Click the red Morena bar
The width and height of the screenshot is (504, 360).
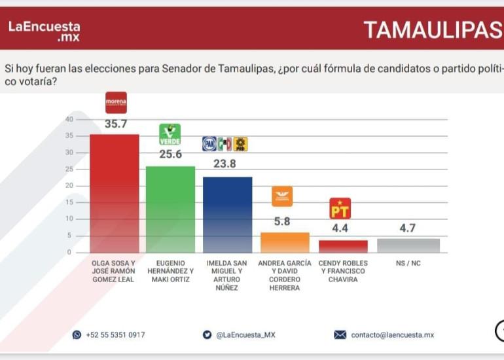click(x=115, y=193)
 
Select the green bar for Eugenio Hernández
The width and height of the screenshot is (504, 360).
click(x=170, y=209)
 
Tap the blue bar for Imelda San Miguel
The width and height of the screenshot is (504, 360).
click(x=227, y=214)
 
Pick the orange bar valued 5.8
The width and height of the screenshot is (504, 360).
click(x=285, y=242)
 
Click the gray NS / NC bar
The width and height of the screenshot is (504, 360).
click(x=408, y=245)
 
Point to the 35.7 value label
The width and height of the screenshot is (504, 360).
click(x=116, y=124)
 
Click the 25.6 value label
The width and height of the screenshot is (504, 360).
click(x=170, y=154)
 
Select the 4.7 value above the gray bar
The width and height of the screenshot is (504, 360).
click(x=407, y=228)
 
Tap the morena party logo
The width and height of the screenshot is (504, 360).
click(x=116, y=102)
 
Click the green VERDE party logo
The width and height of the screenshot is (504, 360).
click(x=170, y=134)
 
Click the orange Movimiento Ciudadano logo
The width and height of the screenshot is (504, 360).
click(x=282, y=196)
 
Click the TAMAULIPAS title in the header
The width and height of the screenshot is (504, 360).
click(x=432, y=29)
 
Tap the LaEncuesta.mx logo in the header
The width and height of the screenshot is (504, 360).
click(x=44, y=31)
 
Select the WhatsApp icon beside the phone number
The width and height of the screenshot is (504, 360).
click(x=77, y=334)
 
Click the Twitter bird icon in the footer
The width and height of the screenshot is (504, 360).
click(x=207, y=334)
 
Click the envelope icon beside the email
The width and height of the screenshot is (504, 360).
click(x=340, y=334)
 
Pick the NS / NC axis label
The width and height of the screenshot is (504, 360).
click(x=408, y=263)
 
